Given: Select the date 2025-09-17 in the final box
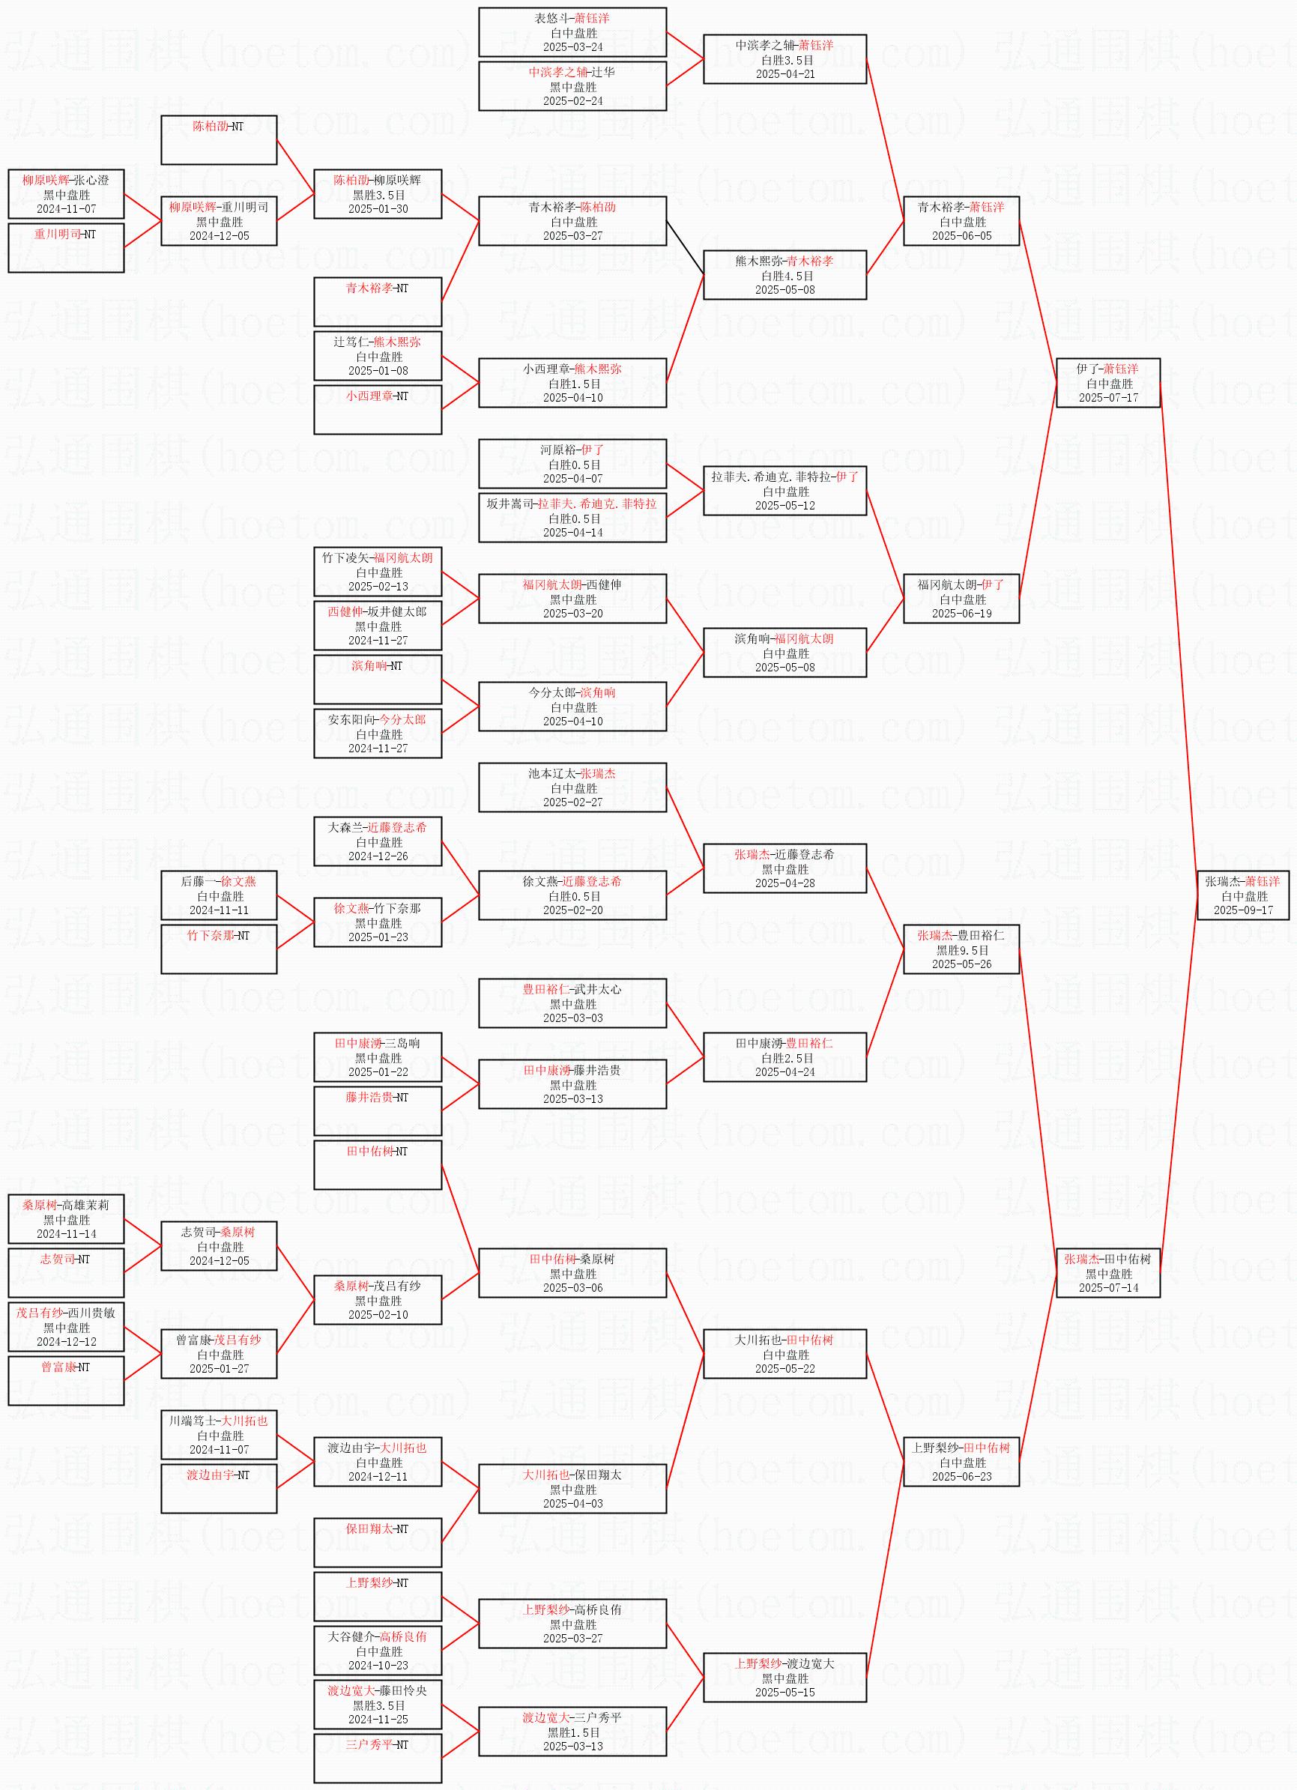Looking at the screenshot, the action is pos(1243,910).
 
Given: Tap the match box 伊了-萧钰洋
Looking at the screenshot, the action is pos(1108,383).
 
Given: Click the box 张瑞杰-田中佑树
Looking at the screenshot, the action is pos(1108,1273).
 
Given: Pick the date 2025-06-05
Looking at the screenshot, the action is pos(961,236).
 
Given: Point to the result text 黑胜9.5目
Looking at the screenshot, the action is pos(961,950).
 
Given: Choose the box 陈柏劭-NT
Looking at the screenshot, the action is pos(219,139).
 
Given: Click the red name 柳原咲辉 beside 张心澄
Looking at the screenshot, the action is pos(45,181).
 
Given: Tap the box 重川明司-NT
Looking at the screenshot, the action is pos(66,248).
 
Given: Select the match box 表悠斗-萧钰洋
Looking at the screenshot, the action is pos(572,32).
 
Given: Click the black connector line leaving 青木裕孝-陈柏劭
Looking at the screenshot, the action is pos(684,248).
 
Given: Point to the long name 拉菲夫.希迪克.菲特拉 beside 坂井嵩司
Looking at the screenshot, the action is pos(596,504).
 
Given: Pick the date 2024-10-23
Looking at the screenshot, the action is pos(378,1666).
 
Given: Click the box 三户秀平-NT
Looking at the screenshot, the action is pos(378,1758).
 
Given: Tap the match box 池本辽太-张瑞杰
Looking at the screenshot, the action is pos(572,787).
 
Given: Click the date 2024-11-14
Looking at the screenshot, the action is pos(66,1233).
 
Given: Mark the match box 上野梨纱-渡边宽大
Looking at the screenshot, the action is pos(784,1677).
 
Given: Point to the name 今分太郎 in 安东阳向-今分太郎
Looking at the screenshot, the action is pos(402,720).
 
